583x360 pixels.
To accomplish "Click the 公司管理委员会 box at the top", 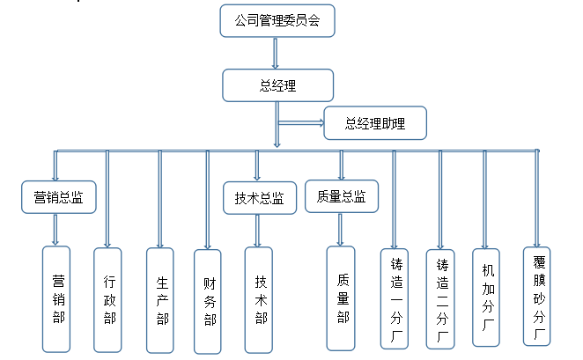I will point(277,22).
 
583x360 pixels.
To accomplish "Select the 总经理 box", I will point(277,85).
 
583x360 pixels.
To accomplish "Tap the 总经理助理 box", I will point(375,123).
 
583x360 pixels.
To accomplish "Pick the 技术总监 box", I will point(259,198).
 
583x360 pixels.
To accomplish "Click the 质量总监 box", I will point(341,196).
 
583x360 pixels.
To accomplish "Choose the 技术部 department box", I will point(260,299).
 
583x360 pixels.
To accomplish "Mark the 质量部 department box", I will point(341,298).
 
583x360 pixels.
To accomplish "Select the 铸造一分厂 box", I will point(395,299).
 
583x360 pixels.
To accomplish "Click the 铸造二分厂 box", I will point(441,299).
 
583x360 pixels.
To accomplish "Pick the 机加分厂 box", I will point(487,297).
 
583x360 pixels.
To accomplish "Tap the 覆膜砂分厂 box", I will point(536,296).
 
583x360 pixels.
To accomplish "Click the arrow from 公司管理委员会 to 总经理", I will point(277,53).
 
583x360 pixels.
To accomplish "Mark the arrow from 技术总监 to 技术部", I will point(258,230).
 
